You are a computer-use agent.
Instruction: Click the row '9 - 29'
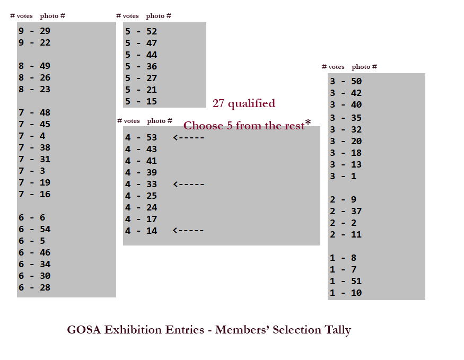point(34,31)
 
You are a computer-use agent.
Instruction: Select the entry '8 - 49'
point(34,66)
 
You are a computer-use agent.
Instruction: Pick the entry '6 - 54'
point(34,230)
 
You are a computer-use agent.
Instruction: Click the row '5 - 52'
point(141,32)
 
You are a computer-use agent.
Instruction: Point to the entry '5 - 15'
point(141,102)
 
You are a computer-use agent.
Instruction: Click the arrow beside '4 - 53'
point(188,138)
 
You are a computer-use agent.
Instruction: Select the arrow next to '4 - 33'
point(188,185)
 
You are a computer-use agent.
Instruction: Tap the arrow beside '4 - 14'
point(188,231)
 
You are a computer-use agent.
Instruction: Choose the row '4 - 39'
point(141,173)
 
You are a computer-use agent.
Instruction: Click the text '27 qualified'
point(243,103)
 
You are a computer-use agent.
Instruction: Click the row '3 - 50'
point(346,82)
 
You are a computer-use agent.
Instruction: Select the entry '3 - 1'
point(343,177)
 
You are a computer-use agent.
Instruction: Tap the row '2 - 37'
point(346,212)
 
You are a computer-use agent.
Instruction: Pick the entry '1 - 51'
point(346,282)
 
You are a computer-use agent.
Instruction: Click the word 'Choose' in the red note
point(204,126)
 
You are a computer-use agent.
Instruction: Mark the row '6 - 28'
point(34,288)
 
